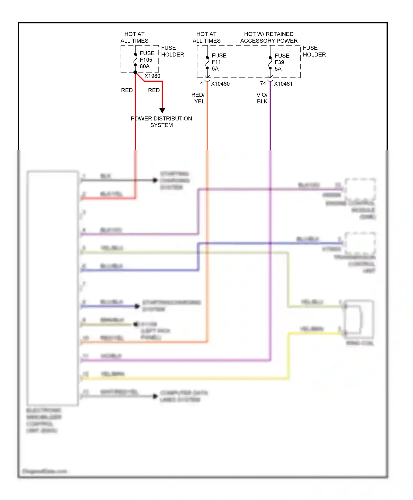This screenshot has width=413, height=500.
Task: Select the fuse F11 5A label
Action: (x=219, y=62)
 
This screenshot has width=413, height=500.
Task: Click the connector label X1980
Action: (x=152, y=76)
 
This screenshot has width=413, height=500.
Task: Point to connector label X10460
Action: (x=220, y=84)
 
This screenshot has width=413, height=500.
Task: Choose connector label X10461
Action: (x=283, y=84)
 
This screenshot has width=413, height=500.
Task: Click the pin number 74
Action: (x=263, y=83)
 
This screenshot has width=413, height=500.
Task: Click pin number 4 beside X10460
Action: (x=202, y=83)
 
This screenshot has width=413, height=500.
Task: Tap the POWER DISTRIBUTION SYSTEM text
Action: (x=161, y=122)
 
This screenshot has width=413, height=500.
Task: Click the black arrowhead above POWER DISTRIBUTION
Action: (x=162, y=111)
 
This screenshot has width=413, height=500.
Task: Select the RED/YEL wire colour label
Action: (x=198, y=98)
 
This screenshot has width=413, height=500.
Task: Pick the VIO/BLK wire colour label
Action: (x=262, y=98)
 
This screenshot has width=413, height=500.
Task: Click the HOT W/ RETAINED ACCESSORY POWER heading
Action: (x=269, y=37)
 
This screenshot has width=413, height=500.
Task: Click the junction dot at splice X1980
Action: (x=135, y=72)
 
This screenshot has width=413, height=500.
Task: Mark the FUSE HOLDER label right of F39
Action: (x=314, y=51)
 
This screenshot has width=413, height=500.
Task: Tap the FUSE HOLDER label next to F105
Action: (x=172, y=51)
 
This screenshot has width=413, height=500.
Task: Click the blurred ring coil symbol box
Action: (x=359, y=319)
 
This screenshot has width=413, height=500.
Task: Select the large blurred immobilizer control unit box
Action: (x=52, y=288)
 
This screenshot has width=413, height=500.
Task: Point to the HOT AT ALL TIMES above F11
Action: (x=206, y=37)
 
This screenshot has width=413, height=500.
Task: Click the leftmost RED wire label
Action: (x=127, y=90)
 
